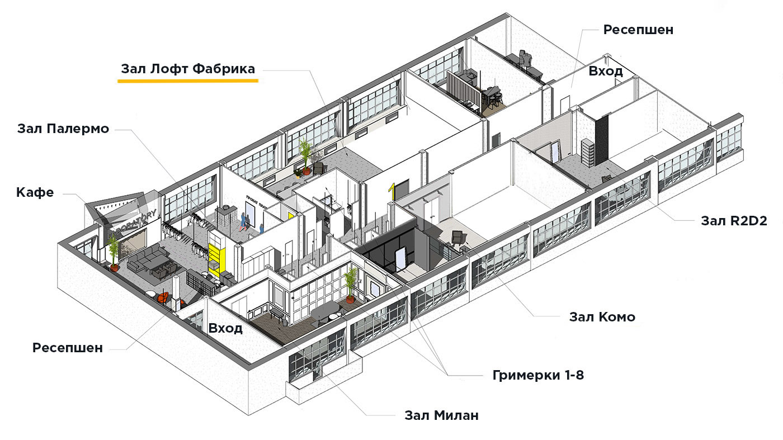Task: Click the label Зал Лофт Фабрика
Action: tap(188, 69)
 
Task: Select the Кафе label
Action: tap(35, 193)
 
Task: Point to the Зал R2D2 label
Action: tap(733, 220)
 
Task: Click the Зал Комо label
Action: tap(602, 317)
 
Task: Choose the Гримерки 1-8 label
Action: tap(538, 375)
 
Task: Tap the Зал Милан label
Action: tap(441, 416)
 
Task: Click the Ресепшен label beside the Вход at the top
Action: tap(638, 30)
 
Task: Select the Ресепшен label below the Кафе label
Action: tap(68, 348)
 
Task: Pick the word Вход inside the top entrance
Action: tap(606, 72)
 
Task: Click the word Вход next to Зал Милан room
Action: tap(225, 328)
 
